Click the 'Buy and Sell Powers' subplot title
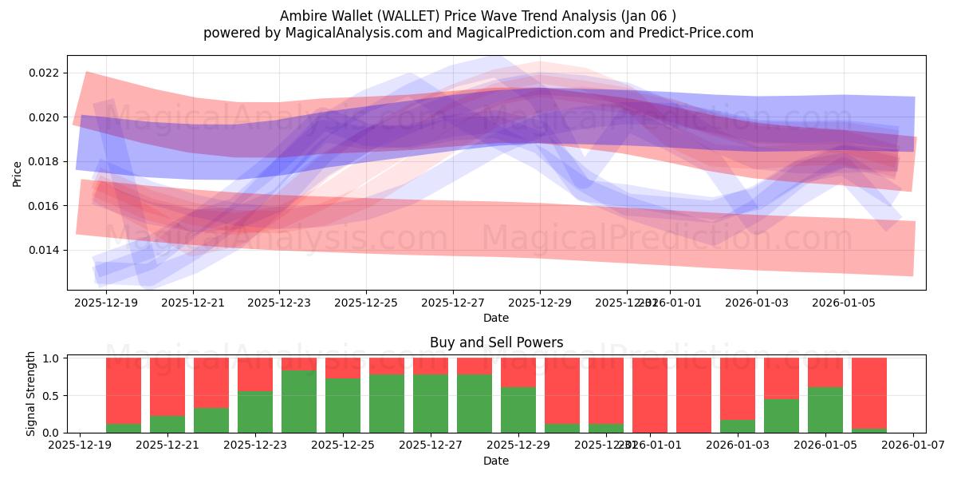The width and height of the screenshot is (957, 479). pos(496,342)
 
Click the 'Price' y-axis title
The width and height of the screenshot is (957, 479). pos(18,172)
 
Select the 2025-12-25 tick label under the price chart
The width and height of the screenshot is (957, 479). pos(366,303)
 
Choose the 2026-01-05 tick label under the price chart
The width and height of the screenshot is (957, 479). pos(844,303)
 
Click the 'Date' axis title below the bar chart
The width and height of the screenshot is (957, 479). pos(496,461)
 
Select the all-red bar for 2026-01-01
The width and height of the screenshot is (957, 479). pos(650,395)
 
